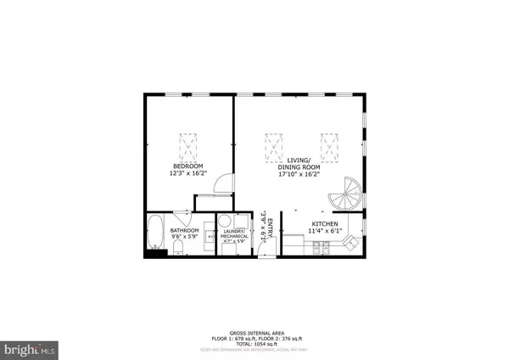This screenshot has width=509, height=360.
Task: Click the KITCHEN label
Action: (325, 222)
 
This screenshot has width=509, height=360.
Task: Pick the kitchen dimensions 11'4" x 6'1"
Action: (325, 230)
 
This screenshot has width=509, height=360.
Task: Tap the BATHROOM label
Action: (184, 230)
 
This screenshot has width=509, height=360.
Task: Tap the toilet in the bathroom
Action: (176, 247)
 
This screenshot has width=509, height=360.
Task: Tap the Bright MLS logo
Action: (30, 348)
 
